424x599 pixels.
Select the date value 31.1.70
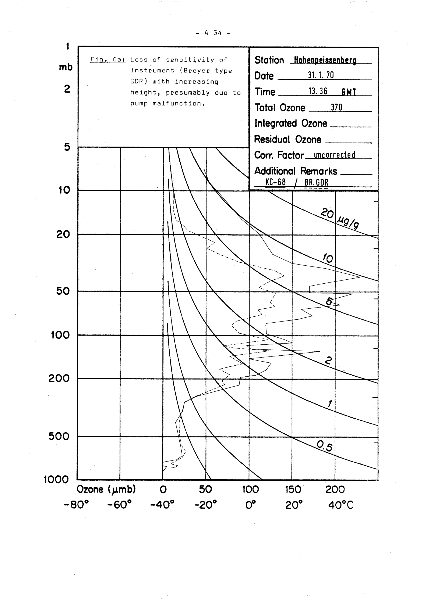click(321, 75)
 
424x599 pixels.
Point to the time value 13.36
click(318, 91)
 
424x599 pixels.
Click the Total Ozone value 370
click(336, 107)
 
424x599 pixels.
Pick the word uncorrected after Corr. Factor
click(335, 155)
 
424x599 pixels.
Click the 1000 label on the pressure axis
click(56, 479)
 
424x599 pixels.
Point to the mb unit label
click(66, 67)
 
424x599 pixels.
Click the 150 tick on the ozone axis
click(293, 490)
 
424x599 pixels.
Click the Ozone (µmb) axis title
click(106, 490)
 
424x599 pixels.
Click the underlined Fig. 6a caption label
click(108, 60)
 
